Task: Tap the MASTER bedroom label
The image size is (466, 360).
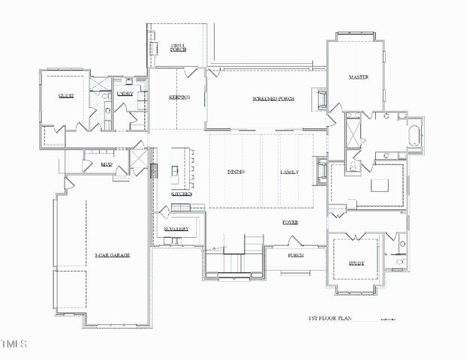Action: [x=357, y=77]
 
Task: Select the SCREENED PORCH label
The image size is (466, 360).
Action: [x=272, y=99]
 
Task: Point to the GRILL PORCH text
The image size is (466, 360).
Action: [x=178, y=47]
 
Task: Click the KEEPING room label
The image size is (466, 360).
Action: [x=179, y=97]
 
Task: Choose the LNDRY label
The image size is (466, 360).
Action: [x=125, y=93]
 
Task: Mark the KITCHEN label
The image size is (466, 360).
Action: [x=182, y=193]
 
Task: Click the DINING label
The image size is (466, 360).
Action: [x=236, y=172]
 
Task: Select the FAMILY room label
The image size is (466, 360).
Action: [x=290, y=172]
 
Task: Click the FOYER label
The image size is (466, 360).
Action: [x=290, y=223]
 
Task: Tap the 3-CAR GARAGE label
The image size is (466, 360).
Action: [x=113, y=256]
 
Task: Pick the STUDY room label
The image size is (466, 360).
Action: [x=356, y=263]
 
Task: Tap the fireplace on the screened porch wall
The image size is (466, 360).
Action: [x=323, y=98]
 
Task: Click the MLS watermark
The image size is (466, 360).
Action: [x=14, y=344]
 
